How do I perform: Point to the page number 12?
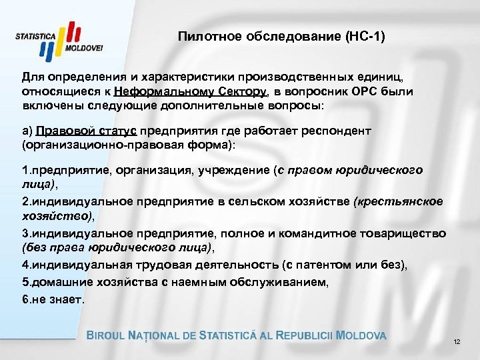pyautogui.click(x=457, y=342)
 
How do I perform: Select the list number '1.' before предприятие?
pyautogui.click(x=27, y=170)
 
